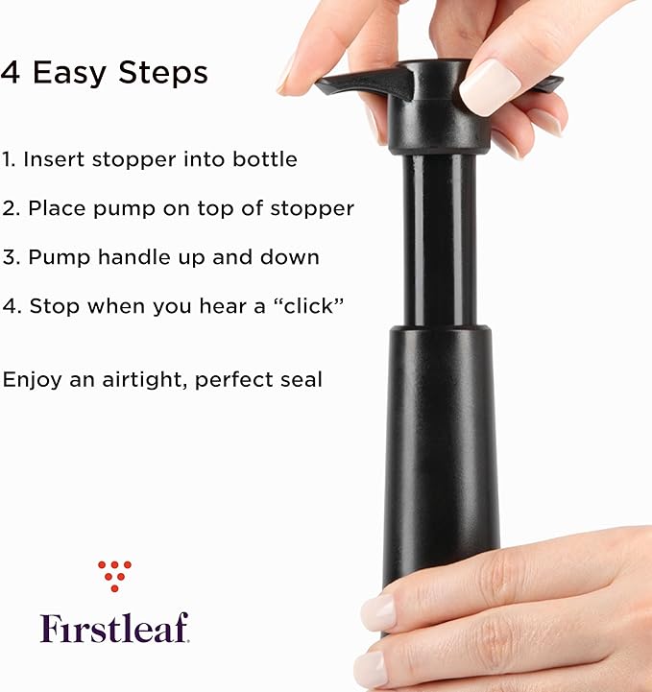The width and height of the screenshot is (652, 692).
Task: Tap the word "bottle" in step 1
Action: click(x=265, y=159)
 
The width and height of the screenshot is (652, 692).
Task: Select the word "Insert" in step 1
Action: click(x=56, y=159)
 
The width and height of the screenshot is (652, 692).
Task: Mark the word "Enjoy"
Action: click(x=31, y=379)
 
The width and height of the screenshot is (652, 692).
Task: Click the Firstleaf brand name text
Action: click(x=114, y=627)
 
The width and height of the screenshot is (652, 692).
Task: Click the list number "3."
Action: click(x=11, y=257)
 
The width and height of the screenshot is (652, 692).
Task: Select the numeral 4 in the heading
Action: click(x=12, y=73)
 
